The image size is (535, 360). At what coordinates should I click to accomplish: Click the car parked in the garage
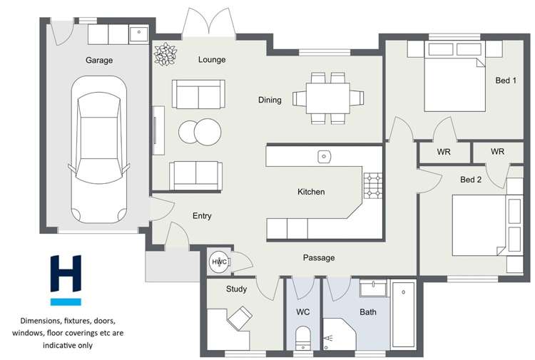point(98,150)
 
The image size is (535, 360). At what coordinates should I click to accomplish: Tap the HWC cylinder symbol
point(218,262)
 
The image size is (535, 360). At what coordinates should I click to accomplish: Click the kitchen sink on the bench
point(324,155)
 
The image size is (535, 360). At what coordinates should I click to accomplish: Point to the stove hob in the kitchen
point(373,185)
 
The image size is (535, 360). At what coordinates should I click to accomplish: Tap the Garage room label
point(99,61)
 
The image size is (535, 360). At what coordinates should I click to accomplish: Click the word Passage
point(318,257)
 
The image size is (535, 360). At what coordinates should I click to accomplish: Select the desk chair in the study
point(240,317)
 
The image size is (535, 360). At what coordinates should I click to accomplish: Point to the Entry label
point(202,216)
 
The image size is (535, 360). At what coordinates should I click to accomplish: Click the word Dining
point(270,100)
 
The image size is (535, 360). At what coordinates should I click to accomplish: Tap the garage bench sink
point(137,34)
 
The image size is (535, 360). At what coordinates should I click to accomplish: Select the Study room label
point(236,289)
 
